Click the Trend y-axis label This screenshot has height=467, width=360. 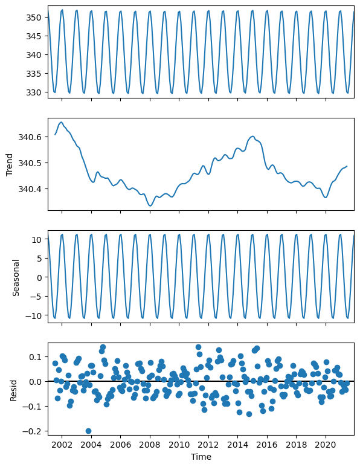coord(10,163)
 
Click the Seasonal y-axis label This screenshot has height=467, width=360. coord(17,277)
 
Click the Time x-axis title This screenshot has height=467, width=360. coord(201,457)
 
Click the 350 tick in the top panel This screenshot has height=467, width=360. coord(33,18)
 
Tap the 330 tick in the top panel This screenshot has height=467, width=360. coord(33,92)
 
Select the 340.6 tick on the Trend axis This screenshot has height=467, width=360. coord(29,137)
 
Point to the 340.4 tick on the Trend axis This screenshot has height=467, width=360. coord(29,189)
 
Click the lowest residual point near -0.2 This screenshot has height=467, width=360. coord(88,431)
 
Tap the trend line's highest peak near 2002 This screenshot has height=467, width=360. coord(61,122)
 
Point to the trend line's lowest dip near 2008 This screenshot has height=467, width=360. coord(150,206)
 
